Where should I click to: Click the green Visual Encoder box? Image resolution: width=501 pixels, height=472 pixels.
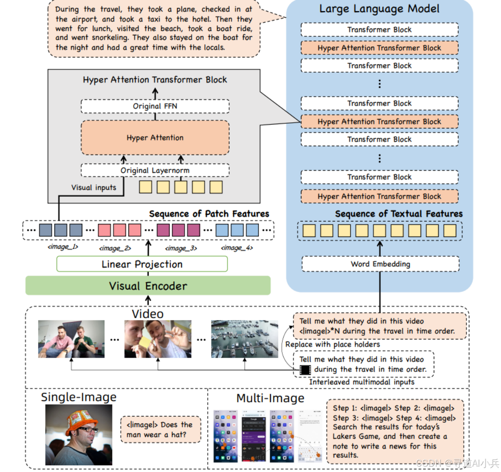148,286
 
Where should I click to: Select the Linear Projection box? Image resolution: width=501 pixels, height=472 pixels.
142,265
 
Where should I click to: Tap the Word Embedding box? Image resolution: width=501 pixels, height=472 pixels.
380,264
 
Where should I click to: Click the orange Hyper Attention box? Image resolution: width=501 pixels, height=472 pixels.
155,138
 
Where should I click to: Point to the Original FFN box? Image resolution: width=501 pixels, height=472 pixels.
155,106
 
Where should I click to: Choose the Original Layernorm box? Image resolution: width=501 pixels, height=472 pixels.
155,171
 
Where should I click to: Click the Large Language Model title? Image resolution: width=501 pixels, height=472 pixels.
379,9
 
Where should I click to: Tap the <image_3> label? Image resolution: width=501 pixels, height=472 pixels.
181,248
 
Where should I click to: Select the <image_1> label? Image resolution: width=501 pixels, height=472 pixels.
63,247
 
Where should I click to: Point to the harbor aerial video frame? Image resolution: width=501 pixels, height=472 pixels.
244,339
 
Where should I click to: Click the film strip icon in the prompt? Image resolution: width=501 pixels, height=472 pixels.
305,369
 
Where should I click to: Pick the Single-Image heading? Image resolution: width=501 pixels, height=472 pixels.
79,397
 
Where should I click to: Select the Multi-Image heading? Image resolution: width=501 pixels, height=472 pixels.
270,398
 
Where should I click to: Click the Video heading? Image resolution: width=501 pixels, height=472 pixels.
148,314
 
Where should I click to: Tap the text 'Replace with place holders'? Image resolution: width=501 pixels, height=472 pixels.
332,344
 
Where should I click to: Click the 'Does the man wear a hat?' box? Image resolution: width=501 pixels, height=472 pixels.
160,429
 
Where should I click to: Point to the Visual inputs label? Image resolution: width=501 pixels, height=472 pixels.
94,187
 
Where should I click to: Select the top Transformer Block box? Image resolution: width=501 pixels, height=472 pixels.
379,30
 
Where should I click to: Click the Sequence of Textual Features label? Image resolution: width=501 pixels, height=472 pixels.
398,214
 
